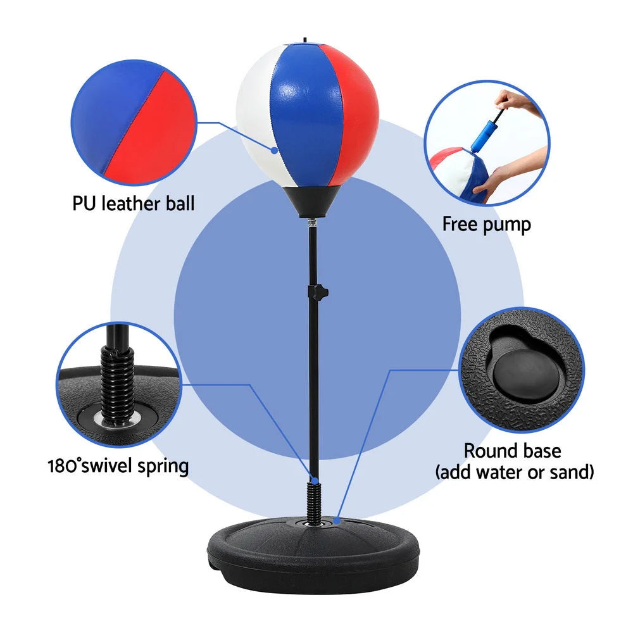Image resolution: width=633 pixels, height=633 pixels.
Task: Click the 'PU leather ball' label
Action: (x=133, y=204)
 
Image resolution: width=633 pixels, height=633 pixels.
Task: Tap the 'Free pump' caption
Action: (x=486, y=224)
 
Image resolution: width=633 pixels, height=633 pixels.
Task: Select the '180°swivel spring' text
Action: (x=118, y=467)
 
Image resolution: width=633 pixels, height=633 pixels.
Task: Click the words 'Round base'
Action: (x=512, y=451)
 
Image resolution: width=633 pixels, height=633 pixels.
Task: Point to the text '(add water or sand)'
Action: (x=513, y=472)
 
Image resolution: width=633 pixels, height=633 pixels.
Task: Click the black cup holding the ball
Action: (x=310, y=201)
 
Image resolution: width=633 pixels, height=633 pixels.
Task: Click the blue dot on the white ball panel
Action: (x=275, y=151)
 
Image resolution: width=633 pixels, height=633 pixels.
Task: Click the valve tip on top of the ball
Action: (x=306, y=41)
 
